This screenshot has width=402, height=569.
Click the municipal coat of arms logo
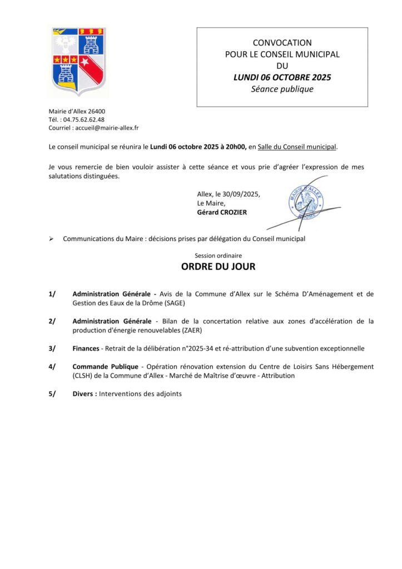[x=78, y=61]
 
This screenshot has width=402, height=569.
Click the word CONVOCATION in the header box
[x=282, y=42]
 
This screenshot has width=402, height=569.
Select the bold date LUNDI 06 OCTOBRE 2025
[x=282, y=77]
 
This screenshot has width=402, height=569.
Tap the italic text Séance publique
[x=282, y=89]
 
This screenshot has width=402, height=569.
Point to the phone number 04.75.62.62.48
[x=84, y=119]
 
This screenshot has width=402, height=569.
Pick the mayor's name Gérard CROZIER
[x=222, y=212]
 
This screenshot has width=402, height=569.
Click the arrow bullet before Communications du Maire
[x=51, y=239]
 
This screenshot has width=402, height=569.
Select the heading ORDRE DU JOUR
[x=218, y=267]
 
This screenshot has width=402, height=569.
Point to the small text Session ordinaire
[x=218, y=256]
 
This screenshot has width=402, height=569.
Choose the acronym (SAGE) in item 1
[x=171, y=303]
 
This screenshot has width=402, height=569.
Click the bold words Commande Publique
[x=105, y=367]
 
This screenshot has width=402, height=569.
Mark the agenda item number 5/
[x=52, y=394]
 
